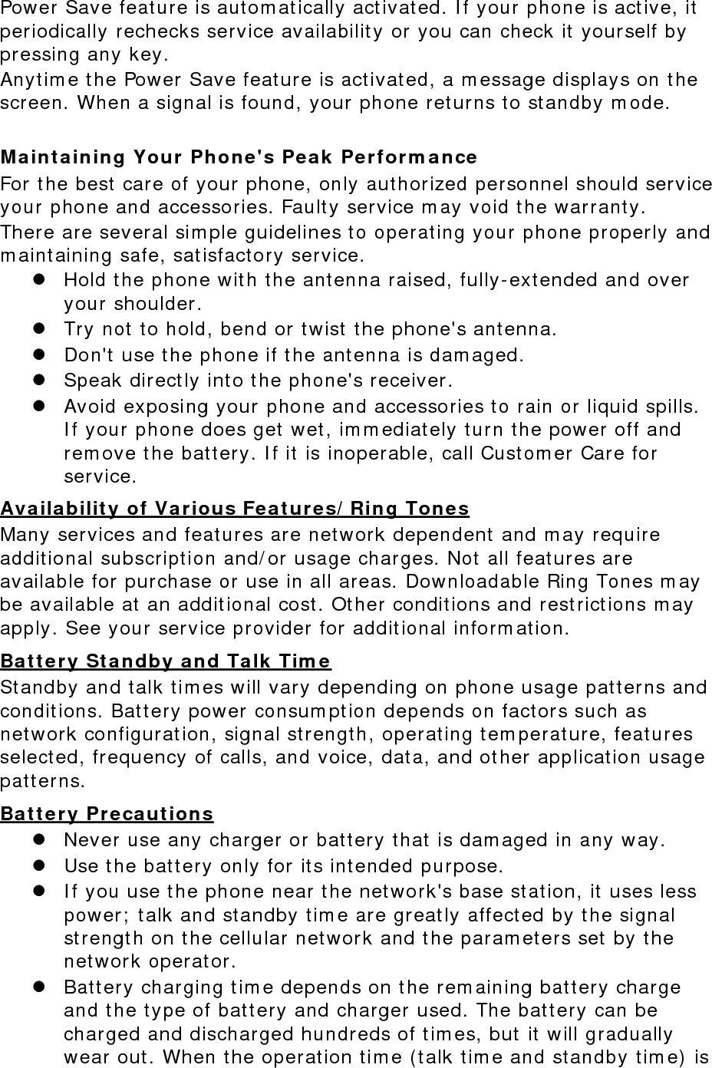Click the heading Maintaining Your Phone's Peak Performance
[x=239, y=157]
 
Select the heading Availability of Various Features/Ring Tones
[x=235, y=508]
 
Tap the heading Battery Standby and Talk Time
[x=166, y=661]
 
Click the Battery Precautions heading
[x=107, y=813]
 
